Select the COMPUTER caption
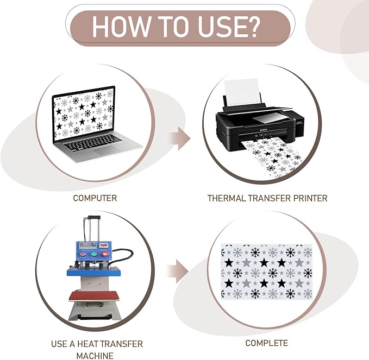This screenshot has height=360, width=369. (95, 198)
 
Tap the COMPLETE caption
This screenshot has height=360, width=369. (267, 343)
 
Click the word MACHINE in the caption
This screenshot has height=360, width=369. (95, 355)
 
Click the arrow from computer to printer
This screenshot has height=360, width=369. (180, 138)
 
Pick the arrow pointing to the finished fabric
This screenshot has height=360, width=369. (178, 271)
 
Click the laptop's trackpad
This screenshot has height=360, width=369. (107, 150)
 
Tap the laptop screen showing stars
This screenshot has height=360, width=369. (84, 114)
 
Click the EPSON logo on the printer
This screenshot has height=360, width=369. (262, 130)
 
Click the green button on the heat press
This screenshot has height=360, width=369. (94, 254)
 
